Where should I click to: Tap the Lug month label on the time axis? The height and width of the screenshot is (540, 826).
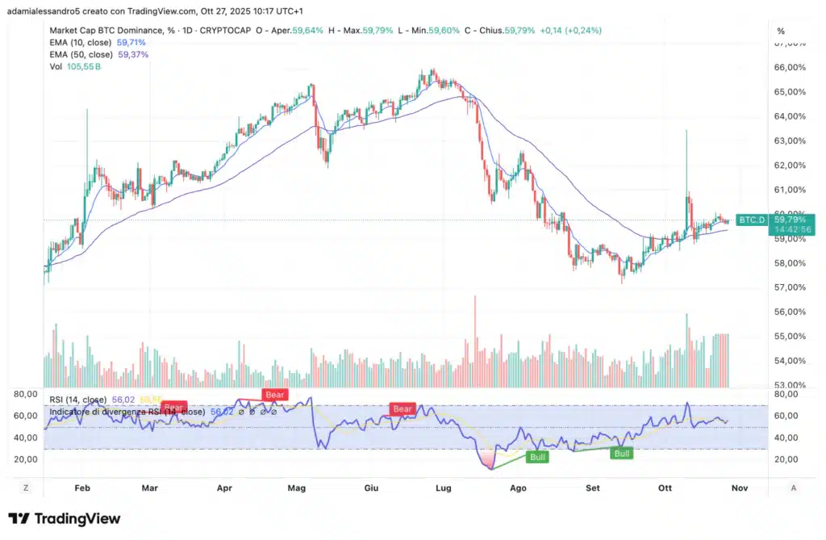pyautogui.click(x=443, y=488)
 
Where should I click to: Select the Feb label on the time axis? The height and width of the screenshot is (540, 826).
pyautogui.click(x=81, y=488)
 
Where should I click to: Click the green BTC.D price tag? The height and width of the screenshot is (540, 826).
pyautogui.click(x=752, y=220)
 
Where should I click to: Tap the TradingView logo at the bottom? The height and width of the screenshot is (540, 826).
pyautogui.click(x=65, y=518)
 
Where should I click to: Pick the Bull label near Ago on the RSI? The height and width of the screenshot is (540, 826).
pyautogui.click(x=536, y=457)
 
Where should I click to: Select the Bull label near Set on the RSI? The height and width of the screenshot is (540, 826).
pyautogui.click(x=622, y=454)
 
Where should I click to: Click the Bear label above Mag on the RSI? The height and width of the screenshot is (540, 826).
pyautogui.click(x=275, y=395)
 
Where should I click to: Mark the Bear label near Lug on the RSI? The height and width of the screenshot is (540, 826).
pyautogui.click(x=403, y=409)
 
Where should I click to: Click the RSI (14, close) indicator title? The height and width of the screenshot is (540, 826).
pyautogui.click(x=77, y=399)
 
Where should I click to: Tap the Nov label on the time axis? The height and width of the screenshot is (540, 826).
pyautogui.click(x=738, y=488)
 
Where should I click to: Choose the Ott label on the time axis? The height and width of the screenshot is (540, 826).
pyautogui.click(x=665, y=488)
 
